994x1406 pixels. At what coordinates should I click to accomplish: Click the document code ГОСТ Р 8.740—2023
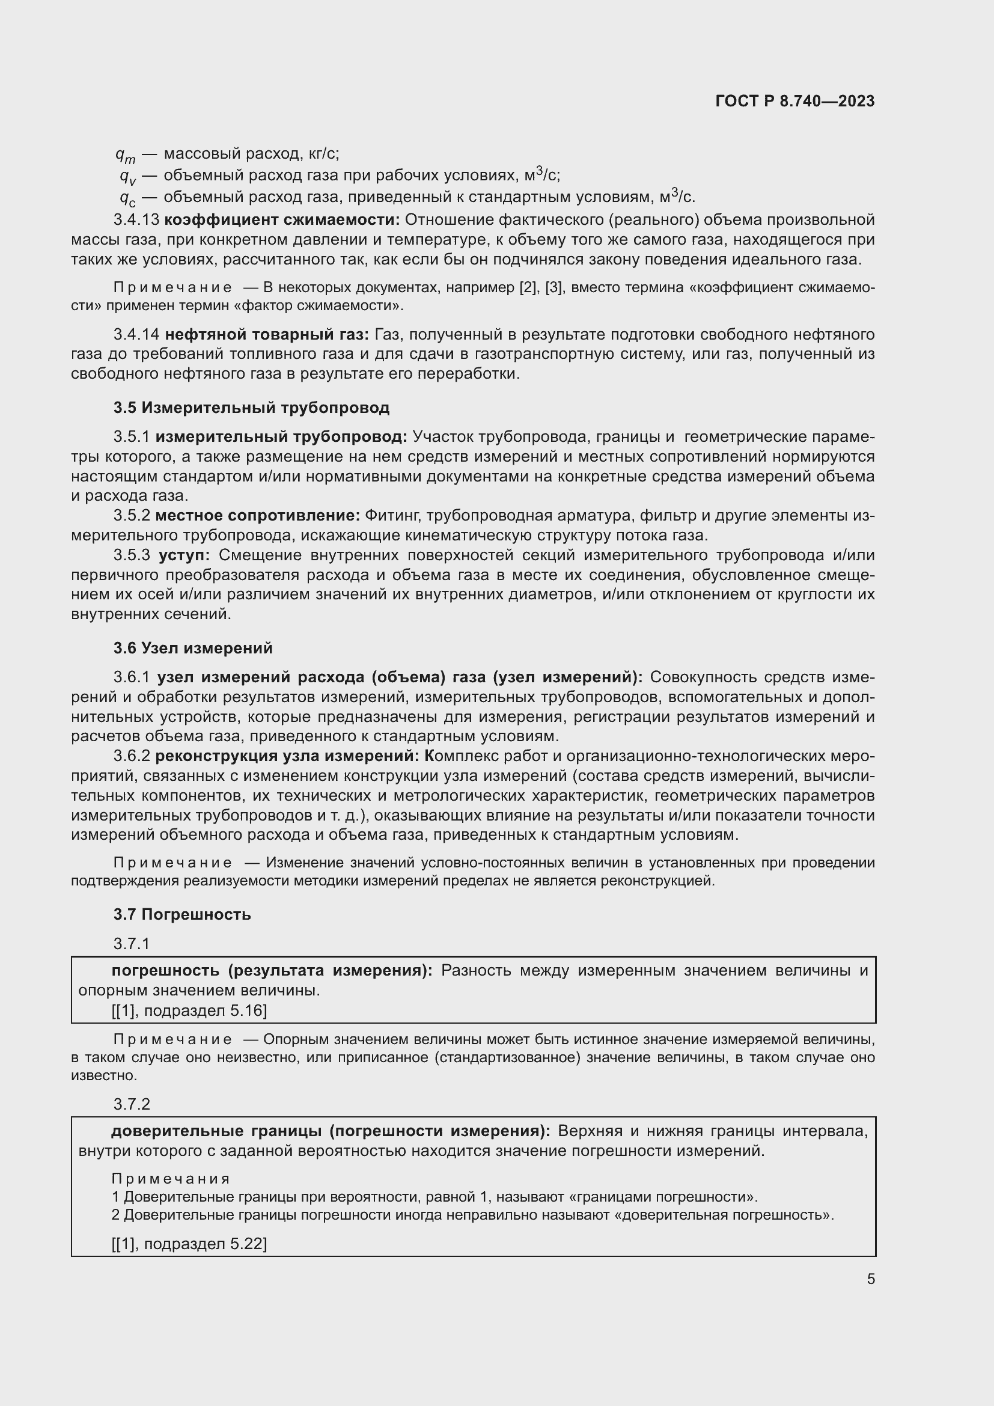point(794,102)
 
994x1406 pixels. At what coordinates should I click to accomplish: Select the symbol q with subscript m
point(125,155)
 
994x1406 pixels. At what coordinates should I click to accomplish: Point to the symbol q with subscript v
point(127,177)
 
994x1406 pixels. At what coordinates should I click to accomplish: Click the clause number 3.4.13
point(136,220)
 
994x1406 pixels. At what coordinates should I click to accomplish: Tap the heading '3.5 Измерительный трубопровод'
point(251,408)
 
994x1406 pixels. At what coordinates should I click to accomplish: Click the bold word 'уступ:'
point(184,555)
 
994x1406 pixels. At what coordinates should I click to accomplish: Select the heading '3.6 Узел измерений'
point(193,649)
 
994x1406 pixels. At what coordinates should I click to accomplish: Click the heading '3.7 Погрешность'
point(181,915)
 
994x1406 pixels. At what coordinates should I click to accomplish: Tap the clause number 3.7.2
point(132,1105)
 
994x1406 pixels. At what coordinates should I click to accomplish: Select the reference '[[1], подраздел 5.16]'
point(189,1010)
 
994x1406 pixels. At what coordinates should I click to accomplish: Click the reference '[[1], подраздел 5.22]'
point(189,1244)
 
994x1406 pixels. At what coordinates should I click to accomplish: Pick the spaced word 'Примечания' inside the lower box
point(171,1179)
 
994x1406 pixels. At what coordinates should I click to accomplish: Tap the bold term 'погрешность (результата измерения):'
point(272,971)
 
